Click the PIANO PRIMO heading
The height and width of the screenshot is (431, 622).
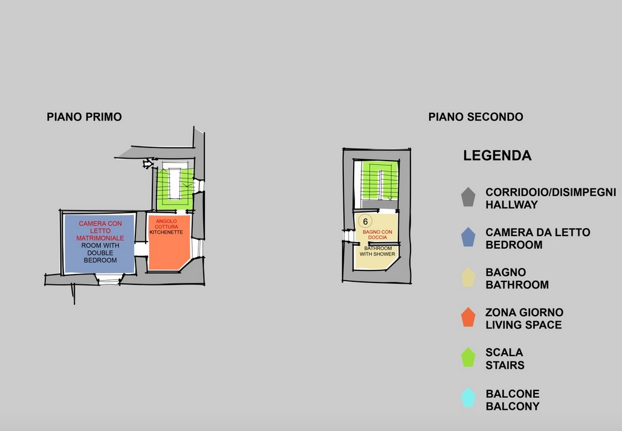pyautogui.click(x=84, y=117)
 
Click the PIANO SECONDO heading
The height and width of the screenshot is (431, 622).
pyautogui.click(x=476, y=117)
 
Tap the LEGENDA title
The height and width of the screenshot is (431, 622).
pyautogui.click(x=497, y=156)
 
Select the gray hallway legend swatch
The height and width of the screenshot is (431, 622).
pyautogui.click(x=468, y=197)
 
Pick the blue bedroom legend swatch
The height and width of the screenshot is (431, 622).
pyautogui.click(x=468, y=237)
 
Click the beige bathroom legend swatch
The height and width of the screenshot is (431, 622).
pyautogui.click(x=468, y=278)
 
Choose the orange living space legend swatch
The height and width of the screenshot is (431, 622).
pyautogui.click(x=468, y=318)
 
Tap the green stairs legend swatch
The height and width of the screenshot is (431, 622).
pyautogui.click(x=468, y=357)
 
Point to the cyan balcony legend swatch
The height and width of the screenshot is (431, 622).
pyautogui.click(x=468, y=398)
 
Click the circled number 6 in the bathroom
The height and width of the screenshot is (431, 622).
pyautogui.click(x=365, y=222)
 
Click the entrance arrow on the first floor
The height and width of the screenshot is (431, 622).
pyautogui.click(x=147, y=163)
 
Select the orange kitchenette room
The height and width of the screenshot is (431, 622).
pyautogui.click(x=169, y=251)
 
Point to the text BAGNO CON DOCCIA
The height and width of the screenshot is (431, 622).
pyautogui.click(x=377, y=234)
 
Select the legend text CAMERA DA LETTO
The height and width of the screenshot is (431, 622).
pyautogui.click(x=537, y=232)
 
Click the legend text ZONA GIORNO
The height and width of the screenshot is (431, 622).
pyautogui.click(x=524, y=313)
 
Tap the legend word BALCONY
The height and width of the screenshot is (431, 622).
pyautogui.click(x=513, y=406)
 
